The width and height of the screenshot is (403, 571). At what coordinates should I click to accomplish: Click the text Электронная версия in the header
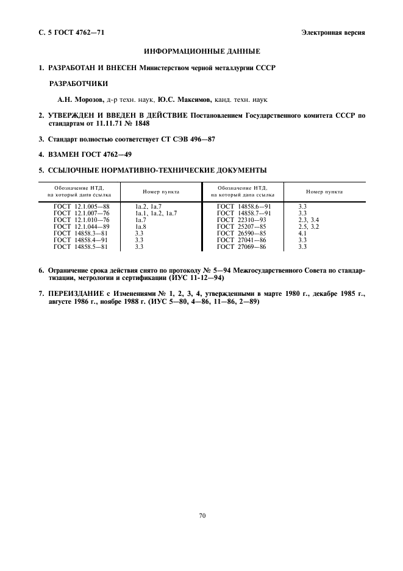[x=333, y=32]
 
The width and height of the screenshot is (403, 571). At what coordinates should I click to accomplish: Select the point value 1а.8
[x=141, y=226]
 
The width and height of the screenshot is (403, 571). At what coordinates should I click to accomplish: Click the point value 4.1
[x=302, y=233]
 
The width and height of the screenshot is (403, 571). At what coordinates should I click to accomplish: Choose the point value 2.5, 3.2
[x=308, y=226]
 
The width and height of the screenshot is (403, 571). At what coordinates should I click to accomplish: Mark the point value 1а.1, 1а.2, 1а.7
[x=156, y=213]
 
